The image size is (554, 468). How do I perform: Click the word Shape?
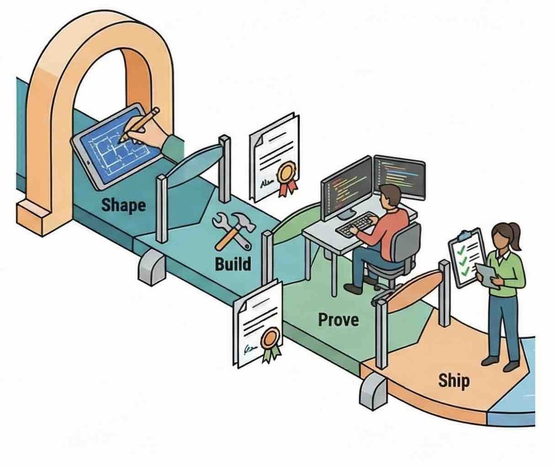(x=124, y=205)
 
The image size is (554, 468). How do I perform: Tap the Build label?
(x=233, y=264)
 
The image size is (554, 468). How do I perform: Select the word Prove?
(x=338, y=319)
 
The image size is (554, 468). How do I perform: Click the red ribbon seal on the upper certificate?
(x=287, y=176)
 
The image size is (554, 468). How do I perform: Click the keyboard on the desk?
(x=357, y=224)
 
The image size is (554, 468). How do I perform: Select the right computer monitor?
(x=400, y=176)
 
